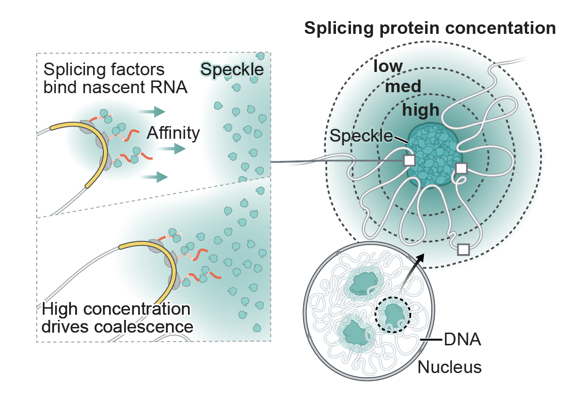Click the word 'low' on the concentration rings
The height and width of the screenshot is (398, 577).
click(388, 66)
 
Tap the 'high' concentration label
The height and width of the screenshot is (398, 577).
click(421, 110)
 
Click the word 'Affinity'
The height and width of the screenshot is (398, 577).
click(173, 134)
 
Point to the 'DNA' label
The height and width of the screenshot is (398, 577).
click(462, 339)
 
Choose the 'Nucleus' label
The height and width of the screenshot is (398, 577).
click(450, 367)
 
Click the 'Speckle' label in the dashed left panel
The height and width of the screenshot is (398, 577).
click(232, 70)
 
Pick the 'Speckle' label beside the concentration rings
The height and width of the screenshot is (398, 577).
click(361, 136)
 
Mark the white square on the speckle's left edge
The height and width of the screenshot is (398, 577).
click(409, 160)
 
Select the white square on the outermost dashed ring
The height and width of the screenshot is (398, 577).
click(463, 249)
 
